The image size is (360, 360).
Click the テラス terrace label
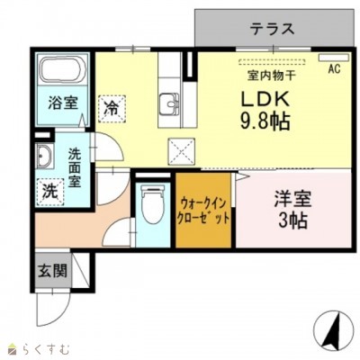273,28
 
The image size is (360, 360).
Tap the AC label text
334,68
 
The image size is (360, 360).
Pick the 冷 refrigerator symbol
112,108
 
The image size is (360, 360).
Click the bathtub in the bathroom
60,71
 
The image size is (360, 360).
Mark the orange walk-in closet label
204,211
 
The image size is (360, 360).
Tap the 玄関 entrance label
51,270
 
